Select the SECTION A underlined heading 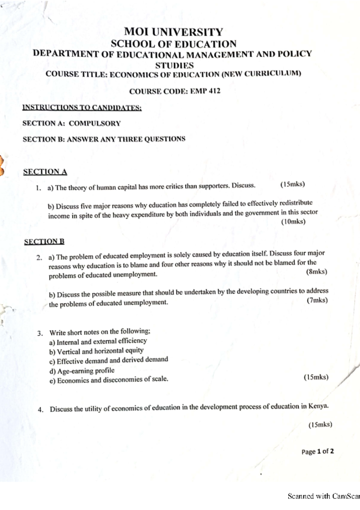[x=45, y=172]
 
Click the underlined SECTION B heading [x=45, y=242]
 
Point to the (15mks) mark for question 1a [x=293, y=185]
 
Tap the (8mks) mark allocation [x=317, y=272]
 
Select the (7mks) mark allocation [x=317, y=300]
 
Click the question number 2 [x=38, y=257]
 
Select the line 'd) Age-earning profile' [x=82, y=371]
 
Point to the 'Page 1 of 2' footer [x=318, y=452]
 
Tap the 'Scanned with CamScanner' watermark [x=324, y=496]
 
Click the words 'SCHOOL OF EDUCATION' [x=173, y=44]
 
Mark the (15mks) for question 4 [x=320, y=425]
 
